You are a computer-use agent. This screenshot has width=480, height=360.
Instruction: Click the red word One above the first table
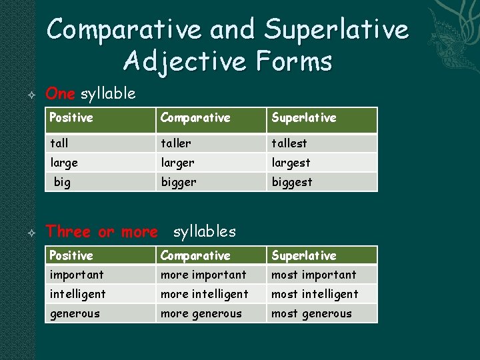(x=60, y=93)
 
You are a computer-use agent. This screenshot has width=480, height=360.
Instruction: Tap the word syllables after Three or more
(x=204, y=231)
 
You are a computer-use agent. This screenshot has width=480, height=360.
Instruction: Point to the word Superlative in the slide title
(x=336, y=29)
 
